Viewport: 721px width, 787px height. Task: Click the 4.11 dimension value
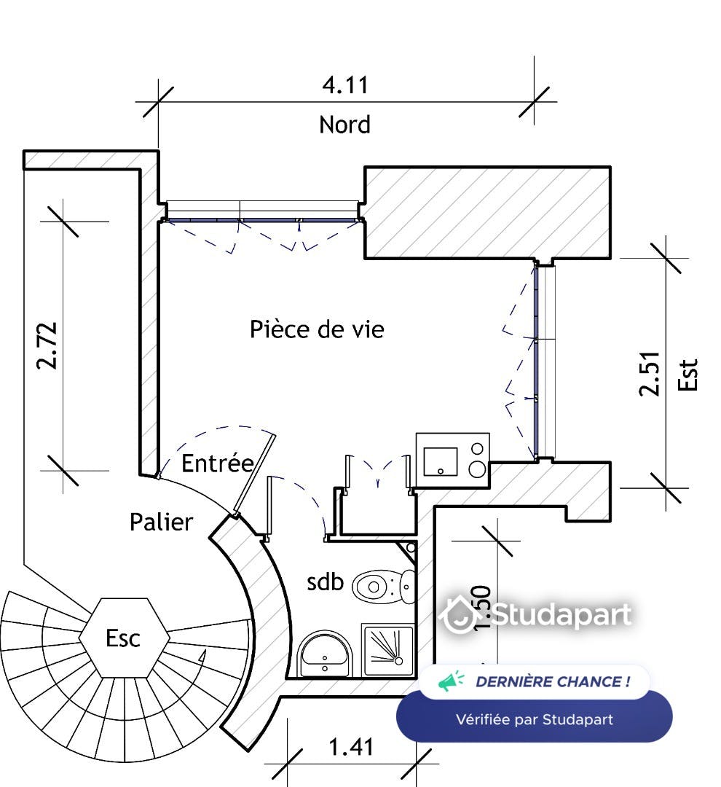tap(345, 85)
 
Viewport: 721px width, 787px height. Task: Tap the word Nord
tap(344, 125)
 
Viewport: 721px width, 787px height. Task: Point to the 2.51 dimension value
tap(650, 373)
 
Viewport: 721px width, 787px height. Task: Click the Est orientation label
tap(687, 374)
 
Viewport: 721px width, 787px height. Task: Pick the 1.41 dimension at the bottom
tap(351, 747)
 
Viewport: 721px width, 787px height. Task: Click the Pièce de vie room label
tap(317, 329)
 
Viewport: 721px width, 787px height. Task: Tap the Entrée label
tap(217, 463)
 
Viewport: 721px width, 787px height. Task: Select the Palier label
tap(161, 522)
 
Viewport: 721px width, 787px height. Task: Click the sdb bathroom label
tap(325, 582)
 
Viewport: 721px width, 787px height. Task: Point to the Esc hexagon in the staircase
tap(123, 638)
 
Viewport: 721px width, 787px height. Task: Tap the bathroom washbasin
tap(325, 654)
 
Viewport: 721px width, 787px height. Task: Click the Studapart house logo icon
tap(459, 615)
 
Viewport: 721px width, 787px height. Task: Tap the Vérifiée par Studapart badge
tap(534, 719)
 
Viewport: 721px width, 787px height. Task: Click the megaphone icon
tap(451, 682)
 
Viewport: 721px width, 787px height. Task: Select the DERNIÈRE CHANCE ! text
tap(552, 682)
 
